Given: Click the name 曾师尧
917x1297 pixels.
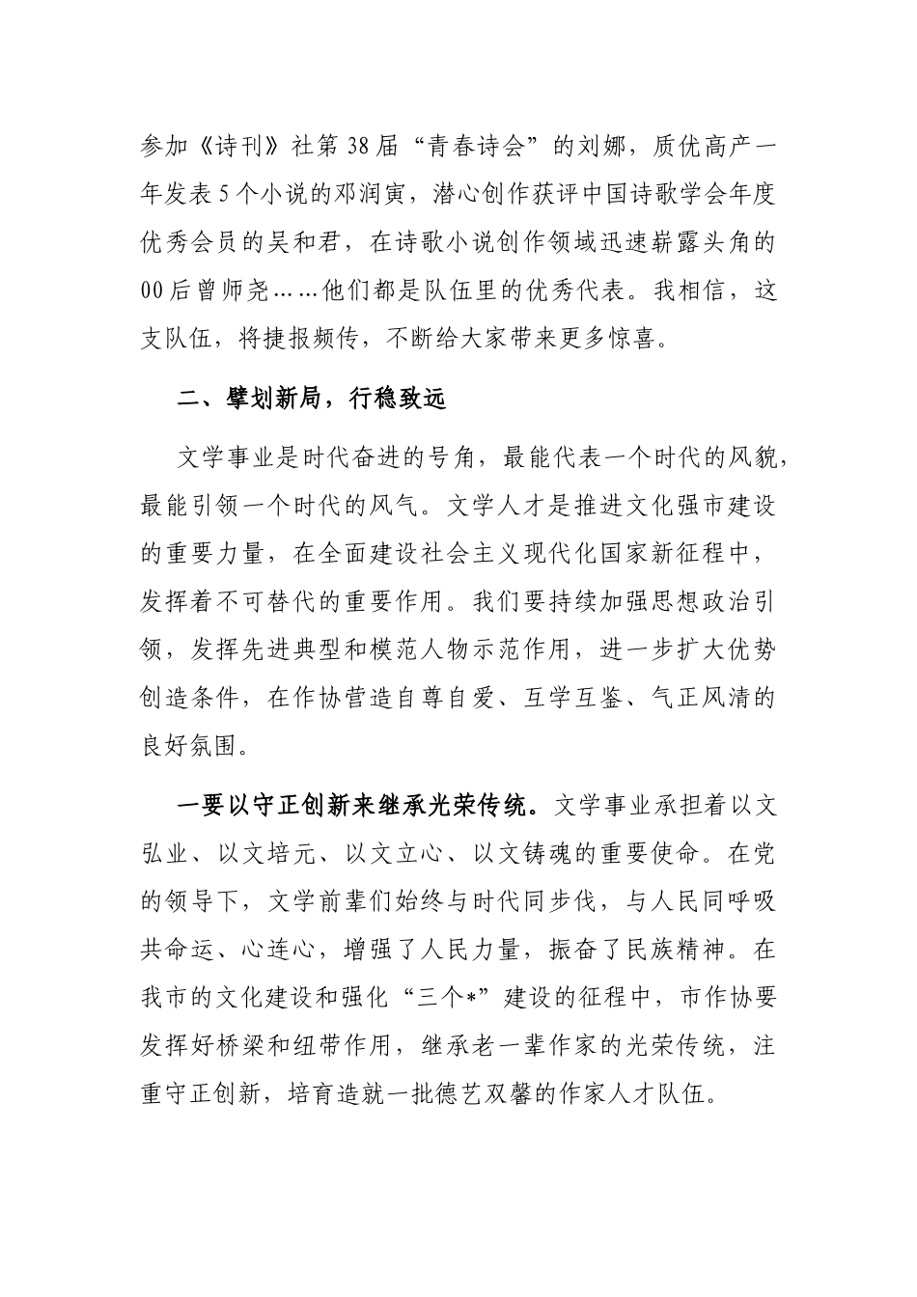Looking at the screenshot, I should click(x=250, y=290).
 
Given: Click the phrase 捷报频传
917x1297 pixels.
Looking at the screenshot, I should click(x=318, y=338).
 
